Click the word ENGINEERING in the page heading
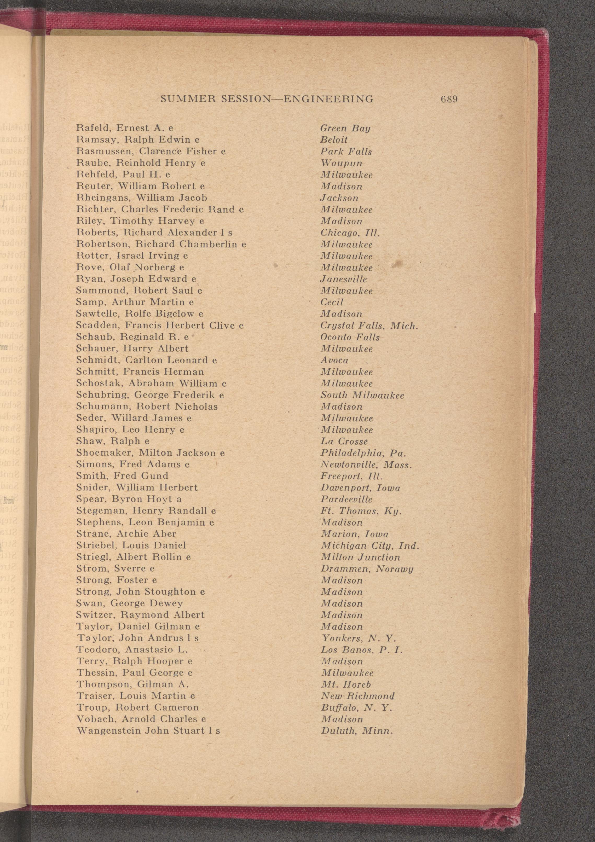[x=329, y=99]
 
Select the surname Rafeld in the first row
[x=94, y=128]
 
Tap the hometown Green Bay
[x=345, y=128]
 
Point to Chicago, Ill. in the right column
[x=350, y=233]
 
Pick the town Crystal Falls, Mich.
[x=369, y=326]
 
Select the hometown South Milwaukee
[x=362, y=395]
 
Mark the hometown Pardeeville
[x=346, y=500]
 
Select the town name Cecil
[x=332, y=302]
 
